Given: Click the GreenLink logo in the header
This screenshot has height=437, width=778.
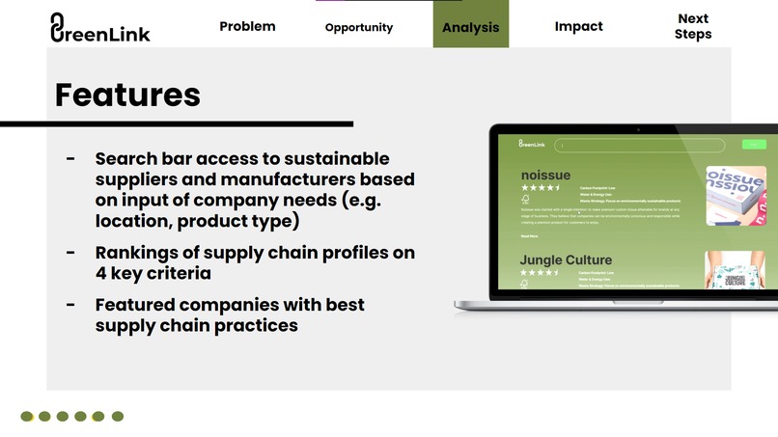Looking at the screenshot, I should [99, 28].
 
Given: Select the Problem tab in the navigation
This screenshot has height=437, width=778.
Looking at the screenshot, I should [247, 26].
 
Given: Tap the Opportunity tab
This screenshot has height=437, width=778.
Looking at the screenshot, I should [359, 27].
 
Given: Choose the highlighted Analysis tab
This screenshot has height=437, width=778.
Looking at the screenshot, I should [470, 27].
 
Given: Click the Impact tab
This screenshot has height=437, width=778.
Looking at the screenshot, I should [578, 26].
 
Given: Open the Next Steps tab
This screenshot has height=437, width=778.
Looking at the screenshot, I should [692, 26].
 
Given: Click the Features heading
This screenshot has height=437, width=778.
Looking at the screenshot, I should [127, 95].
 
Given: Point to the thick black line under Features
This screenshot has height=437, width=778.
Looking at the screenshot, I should [176, 123].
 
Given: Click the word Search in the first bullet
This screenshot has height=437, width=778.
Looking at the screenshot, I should [126, 158].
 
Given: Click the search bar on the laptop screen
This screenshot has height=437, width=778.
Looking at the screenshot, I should [639, 146].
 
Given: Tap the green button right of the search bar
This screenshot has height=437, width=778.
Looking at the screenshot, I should [753, 145].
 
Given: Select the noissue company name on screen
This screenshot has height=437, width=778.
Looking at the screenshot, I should [544, 175].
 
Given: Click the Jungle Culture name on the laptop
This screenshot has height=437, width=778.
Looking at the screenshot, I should [566, 259].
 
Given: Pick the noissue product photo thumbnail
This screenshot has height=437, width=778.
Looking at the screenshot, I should [736, 196].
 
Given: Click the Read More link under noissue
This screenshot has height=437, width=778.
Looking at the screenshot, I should [529, 235].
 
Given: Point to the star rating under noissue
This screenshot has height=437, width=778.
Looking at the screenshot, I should [540, 188].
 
